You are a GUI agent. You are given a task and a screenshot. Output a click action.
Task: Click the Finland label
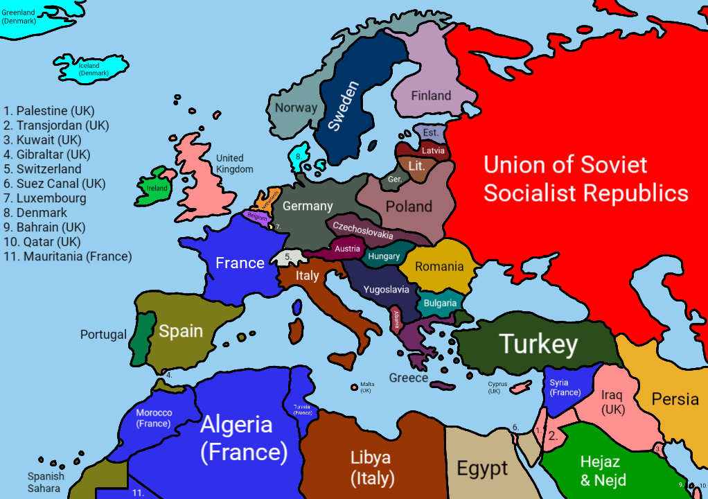pyautogui.click(x=431, y=96)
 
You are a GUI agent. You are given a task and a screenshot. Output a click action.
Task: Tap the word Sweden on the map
pyautogui.click(x=344, y=107)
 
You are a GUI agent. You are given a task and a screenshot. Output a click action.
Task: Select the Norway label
pyautogui.click(x=296, y=107)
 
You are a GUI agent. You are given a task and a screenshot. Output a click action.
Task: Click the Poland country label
pyautogui.click(x=409, y=206)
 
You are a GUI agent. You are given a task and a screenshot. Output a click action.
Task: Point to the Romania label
pyautogui.click(x=439, y=266)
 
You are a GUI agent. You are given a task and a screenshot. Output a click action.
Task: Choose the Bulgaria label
pyautogui.click(x=440, y=303)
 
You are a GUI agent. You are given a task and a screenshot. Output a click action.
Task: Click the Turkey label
pyautogui.click(x=538, y=344)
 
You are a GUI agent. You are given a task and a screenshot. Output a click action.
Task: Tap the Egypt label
pyautogui.click(x=482, y=469)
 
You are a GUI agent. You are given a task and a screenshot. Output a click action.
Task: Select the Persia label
pyautogui.click(x=675, y=399)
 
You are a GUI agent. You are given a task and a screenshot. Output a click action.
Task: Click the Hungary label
pyautogui.click(x=384, y=256)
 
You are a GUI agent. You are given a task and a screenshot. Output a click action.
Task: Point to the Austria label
pyautogui.click(x=347, y=248)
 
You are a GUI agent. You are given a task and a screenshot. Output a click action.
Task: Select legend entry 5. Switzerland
pyautogui.click(x=42, y=169)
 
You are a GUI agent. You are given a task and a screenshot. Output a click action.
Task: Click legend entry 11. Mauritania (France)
pyautogui.click(x=67, y=256)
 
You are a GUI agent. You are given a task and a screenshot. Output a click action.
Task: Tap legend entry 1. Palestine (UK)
pyautogui.click(x=48, y=111)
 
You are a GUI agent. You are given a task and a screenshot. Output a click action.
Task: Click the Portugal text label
pyautogui.click(x=103, y=334)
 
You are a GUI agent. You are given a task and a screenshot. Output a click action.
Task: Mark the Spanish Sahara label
pyautogui.click(x=46, y=482)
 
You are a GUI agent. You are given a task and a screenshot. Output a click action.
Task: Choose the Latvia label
pyautogui.click(x=433, y=150)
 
